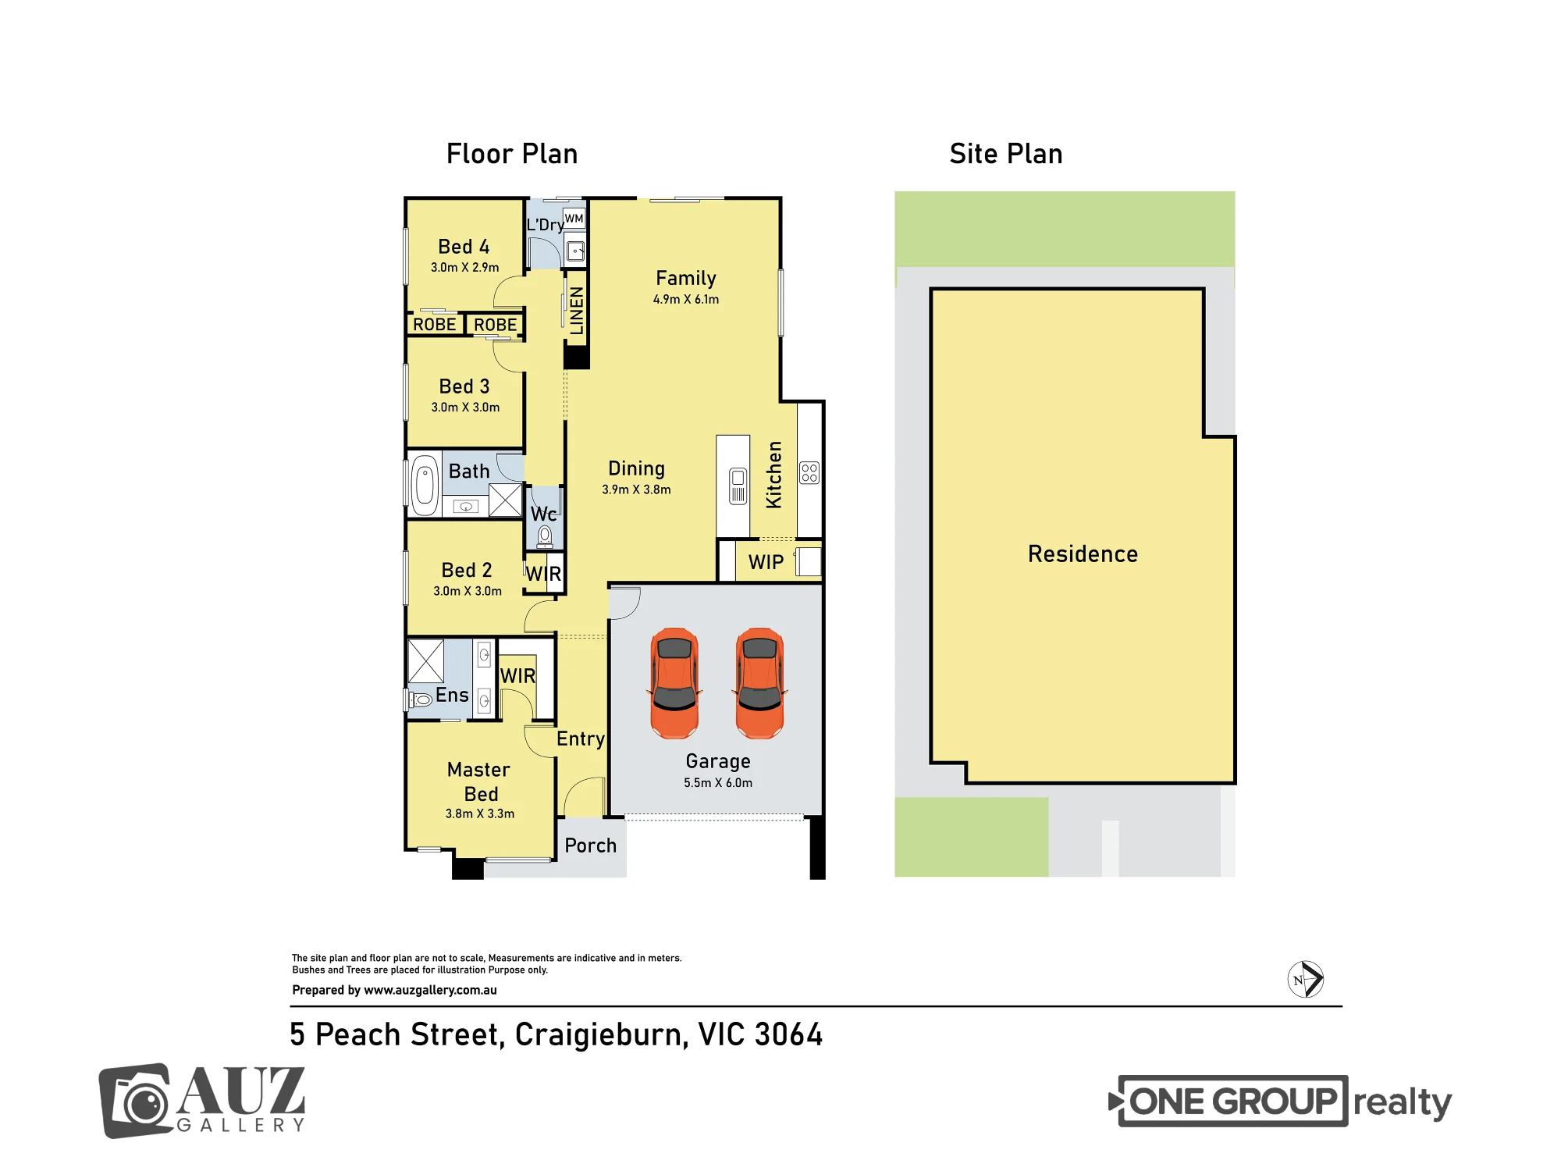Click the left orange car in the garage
pyautogui.click(x=674, y=683)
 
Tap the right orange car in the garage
pyautogui.click(x=759, y=683)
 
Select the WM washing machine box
pyautogui.click(x=574, y=219)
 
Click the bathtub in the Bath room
pyautogui.click(x=425, y=485)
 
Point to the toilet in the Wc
pyautogui.click(x=545, y=536)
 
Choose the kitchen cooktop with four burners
pyautogui.click(x=809, y=472)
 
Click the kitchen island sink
pyautogui.click(x=738, y=486)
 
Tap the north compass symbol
pyautogui.click(x=1305, y=979)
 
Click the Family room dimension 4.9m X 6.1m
pyautogui.click(x=686, y=299)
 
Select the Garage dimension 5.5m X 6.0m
pyautogui.click(x=718, y=782)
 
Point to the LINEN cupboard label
pyautogui.click(x=577, y=311)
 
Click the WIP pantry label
pyautogui.click(x=766, y=562)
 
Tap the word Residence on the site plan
pyautogui.click(x=1083, y=553)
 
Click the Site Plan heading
pyautogui.click(x=1006, y=154)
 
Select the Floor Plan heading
pyautogui.click(x=512, y=154)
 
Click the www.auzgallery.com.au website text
pyautogui.click(x=430, y=990)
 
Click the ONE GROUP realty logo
pyautogui.click(x=1280, y=1102)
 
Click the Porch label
pyautogui.click(x=591, y=845)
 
